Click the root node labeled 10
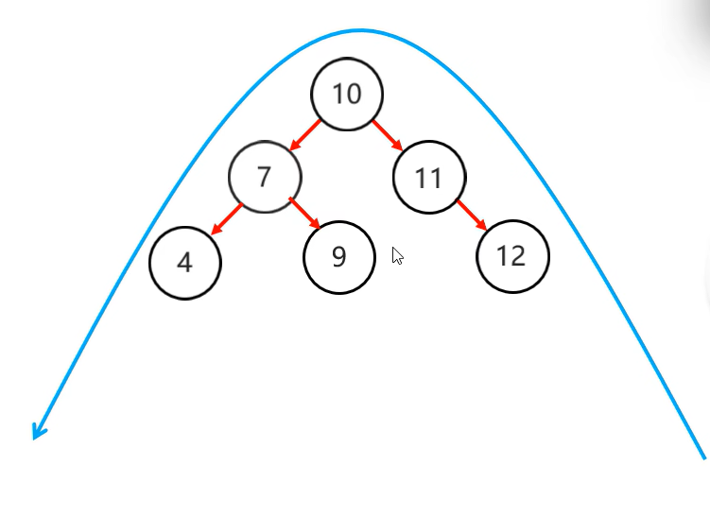pos(347,94)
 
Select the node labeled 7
pos(265,177)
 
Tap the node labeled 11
pos(429,177)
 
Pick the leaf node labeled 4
pos(185,262)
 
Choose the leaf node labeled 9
pos(339,256)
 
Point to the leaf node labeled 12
pos(512,255)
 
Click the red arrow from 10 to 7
pos(306,134)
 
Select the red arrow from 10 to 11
pos(388,135)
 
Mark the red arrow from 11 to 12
pos(472,215)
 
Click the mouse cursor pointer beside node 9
pos(397,255)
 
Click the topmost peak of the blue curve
pos(359,30)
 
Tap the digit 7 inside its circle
pos(265,177)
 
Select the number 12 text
pos(511,255)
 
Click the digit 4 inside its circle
pos(185,263)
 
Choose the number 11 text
pos(429,178)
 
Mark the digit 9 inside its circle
pos(339,256)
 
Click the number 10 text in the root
pos(347,94)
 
